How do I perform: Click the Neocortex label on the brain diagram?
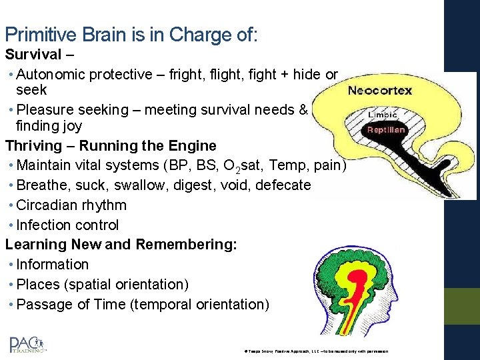tap(380, 91)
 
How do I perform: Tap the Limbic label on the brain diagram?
tap(383, 115)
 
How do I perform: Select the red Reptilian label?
tap(386, 130)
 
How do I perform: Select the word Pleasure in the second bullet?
tap(44, 110)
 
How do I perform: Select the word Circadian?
tap(47, 205)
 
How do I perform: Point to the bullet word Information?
tap(53, 265)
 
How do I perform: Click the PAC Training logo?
tap(27, 344)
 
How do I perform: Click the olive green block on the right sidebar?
tap(462, 306)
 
